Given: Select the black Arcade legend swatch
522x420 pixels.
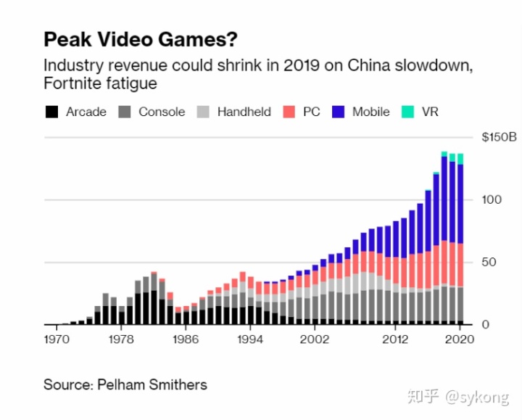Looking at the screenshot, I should pyautogui.click(x=51, y=112).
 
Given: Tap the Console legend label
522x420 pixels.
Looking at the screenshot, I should pyautogui.click(x=162, y=112).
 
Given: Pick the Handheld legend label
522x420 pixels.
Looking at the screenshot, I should pyautogui.click(x=244, y=112).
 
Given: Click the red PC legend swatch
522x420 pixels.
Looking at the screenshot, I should pyautogui.click(x=289, y=112).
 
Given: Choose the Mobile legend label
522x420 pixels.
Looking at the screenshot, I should pyautogui.click(x=370, y=112).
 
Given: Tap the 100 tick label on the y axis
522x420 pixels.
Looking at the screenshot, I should pyautogui.click(x=492, y=199).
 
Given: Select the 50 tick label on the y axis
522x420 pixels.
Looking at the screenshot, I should pyautogui.click(x=489, y=262).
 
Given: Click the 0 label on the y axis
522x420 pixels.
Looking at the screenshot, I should pyautogui.click(x=486, y=324).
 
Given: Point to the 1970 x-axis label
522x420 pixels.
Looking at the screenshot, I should pyautogui.click(x=57, y=339).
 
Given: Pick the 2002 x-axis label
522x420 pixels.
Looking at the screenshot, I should pyautogui.click(x=314, y=339).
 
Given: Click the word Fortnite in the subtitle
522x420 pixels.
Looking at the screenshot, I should pyautogui.click(x=70, y=84).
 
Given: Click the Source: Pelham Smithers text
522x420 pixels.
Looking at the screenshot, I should pyautogui.click(x=125, y=384).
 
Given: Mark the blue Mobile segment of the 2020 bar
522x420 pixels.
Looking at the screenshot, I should pyautogui.click(x=460, y=203).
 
